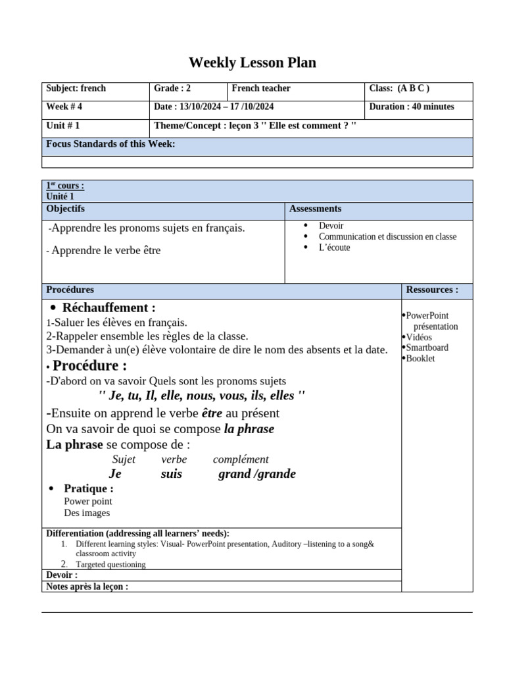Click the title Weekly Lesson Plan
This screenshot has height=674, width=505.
coord(252,63)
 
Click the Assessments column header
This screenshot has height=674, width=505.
coord(315,209)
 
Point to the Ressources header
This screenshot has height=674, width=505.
coord(432,290)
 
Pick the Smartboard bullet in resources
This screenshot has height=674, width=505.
coord(427,348)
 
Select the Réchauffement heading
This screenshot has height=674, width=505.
coord(108,308)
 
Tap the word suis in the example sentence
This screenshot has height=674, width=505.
coord(171,474)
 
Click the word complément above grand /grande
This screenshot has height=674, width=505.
coord(241,459)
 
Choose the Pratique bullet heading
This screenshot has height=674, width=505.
coord(88,488)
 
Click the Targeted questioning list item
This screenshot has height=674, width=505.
coord(110,564)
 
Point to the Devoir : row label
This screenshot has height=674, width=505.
coord(62,575)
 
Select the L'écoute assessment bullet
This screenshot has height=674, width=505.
coord(334,247)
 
